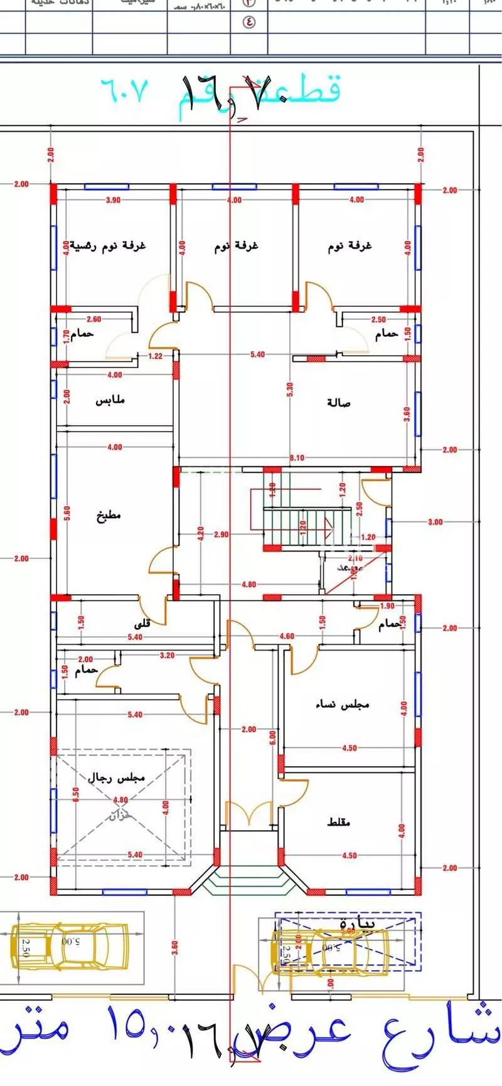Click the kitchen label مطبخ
pos(109,516)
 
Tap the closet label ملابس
pos(110,400)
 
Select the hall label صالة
pos(339,402)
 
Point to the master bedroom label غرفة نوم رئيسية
pos(107,245)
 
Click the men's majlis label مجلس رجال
pos(117,777)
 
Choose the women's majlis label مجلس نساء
pos(342,705)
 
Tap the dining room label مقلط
pos(339,822)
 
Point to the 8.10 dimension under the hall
pos(297,458)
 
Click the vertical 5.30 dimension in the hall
pos(290,390)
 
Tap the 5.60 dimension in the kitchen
pos(67,513)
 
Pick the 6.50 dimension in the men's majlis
pos(75,795)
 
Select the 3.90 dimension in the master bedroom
pos(113,201)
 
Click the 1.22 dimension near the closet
pos(155,356)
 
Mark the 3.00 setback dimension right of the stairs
pos(435,522)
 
